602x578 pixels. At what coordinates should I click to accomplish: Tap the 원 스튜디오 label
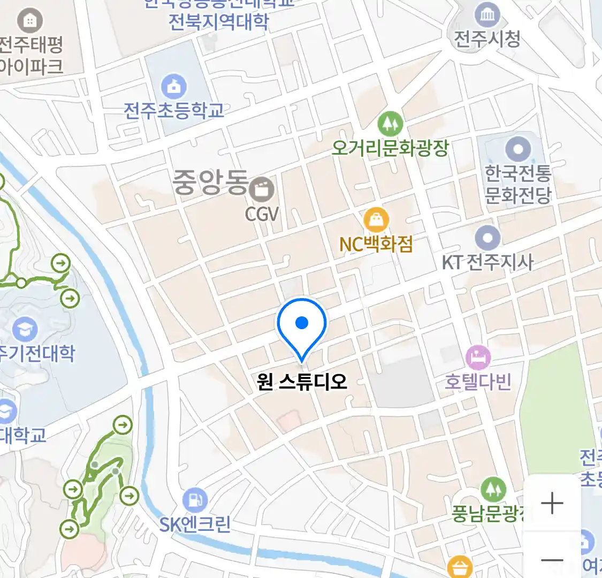pos(302,382)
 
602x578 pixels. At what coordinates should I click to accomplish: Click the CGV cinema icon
pos(262,189)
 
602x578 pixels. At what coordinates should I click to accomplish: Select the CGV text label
pos(262,215)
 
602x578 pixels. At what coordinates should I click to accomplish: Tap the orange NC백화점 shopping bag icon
pos(376,220)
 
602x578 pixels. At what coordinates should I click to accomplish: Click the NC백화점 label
pos(376,245)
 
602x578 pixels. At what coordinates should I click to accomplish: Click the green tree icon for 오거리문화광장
pos(390,124)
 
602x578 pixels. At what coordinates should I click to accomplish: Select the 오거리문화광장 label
pos(390,148)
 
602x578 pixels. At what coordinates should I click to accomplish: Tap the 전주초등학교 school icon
pos(174,86)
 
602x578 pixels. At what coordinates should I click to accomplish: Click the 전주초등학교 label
pos(174,111)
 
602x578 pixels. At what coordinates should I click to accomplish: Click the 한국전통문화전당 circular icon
pos(518,149)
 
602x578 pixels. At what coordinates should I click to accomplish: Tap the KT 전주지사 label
pos(487,262)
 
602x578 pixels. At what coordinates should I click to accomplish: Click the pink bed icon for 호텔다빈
pos(478,357)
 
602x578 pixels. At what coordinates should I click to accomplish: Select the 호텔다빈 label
pos(478,382)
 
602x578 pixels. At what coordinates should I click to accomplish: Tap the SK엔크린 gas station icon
pos(195,500)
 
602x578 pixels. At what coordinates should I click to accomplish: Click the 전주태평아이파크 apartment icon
pos(30,21)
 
